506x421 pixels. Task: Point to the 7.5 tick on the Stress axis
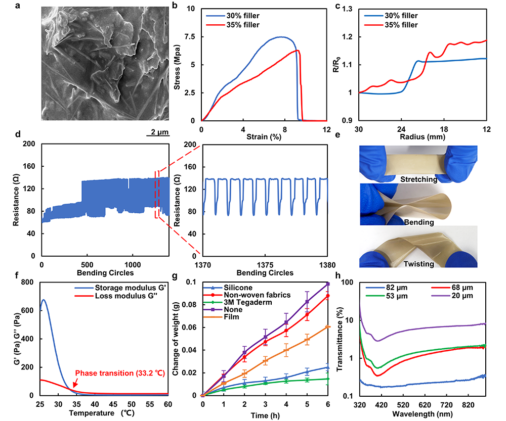pos(191,37)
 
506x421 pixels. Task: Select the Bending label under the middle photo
pos(417,222)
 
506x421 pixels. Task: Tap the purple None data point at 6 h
pos(328,284)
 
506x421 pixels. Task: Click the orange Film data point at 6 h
pos(328,327)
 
